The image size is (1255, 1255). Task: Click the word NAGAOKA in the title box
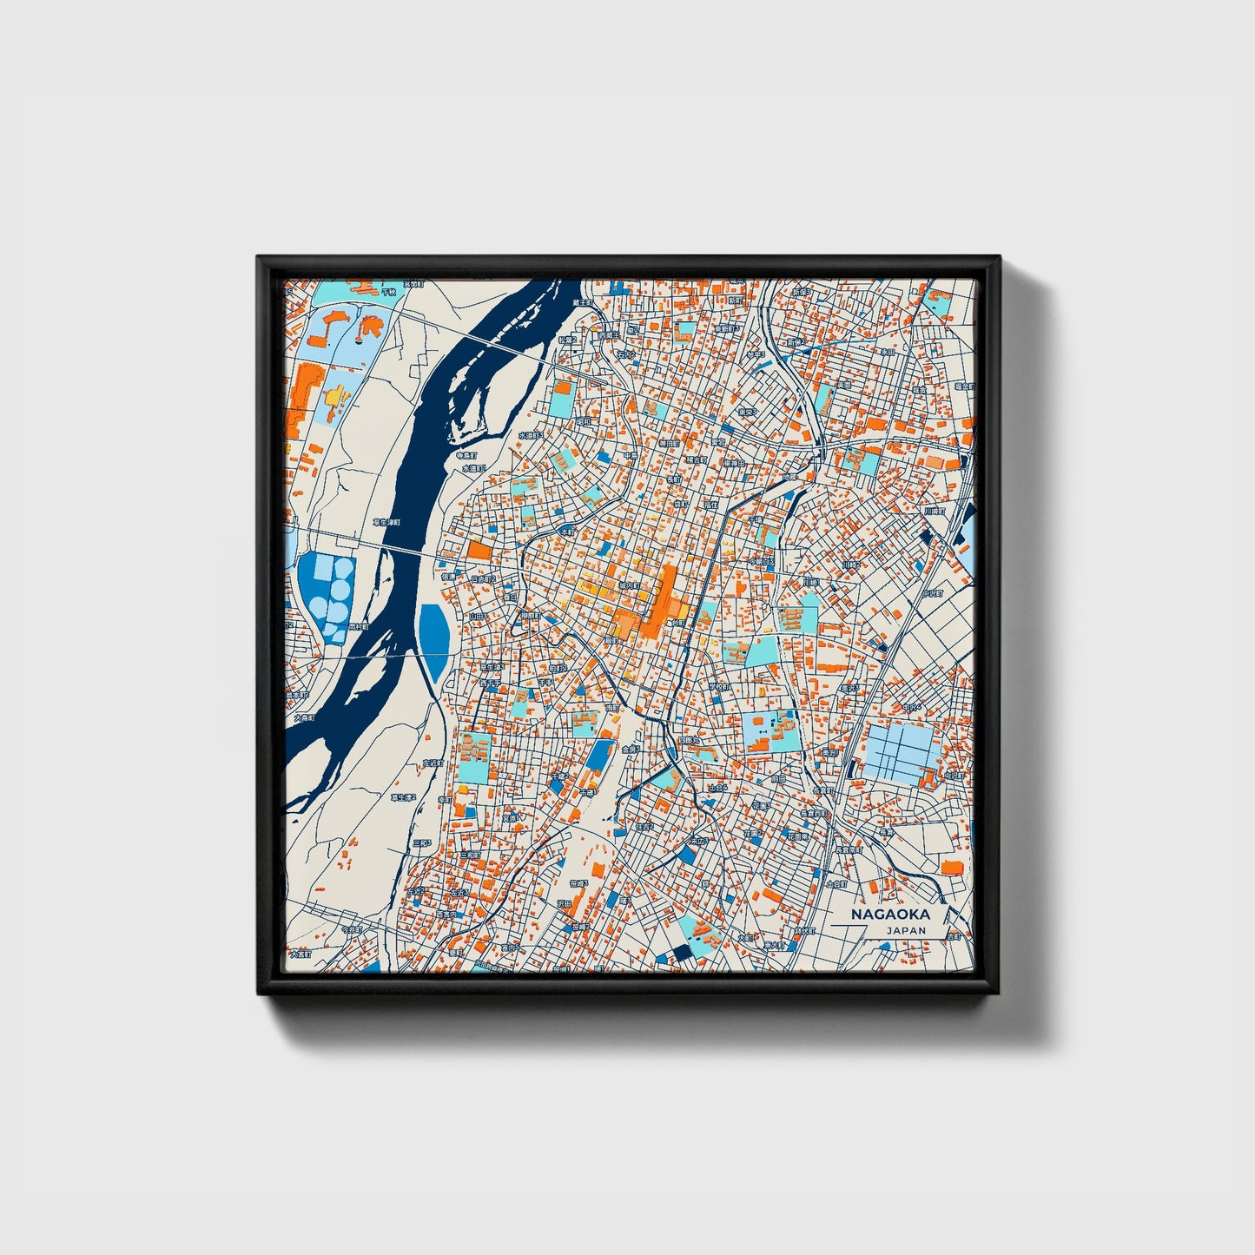(889, 914)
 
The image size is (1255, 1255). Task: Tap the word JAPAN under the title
(906, 929)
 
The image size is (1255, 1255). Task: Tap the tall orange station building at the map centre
(666, 599)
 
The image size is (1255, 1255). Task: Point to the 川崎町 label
(933, 512)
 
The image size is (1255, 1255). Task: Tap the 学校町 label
(716, 686)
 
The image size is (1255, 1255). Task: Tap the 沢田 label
(564, 904)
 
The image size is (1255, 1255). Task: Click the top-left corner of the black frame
(258, 257)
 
